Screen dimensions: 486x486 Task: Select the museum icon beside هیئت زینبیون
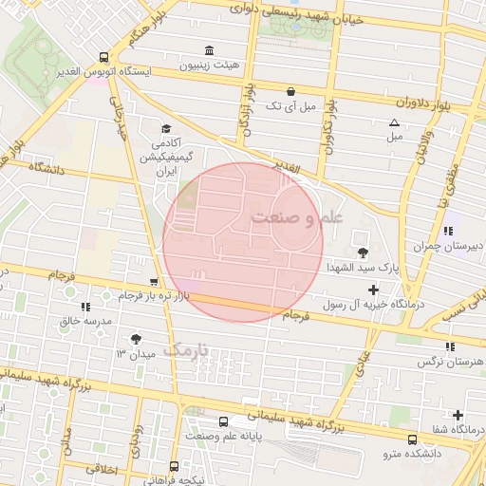tap(208, 50)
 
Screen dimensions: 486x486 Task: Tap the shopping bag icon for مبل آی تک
tap(290, 92)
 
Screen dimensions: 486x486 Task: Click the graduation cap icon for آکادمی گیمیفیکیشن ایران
tap(167, 129)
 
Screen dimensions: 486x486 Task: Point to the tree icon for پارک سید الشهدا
tap(363, 252)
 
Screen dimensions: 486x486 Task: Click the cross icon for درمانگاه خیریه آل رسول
tap(373, 290)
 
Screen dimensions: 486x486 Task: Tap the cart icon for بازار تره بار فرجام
tap(153, 282)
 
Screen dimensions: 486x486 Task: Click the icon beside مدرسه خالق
tap(86, 306)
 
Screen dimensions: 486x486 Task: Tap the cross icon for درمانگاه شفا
tap(458, 415)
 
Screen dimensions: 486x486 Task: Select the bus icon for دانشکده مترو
tap(412, 439)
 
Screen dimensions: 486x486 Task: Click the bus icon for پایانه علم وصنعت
tap(222, 421)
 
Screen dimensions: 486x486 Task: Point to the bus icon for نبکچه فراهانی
tap(173, 466)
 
